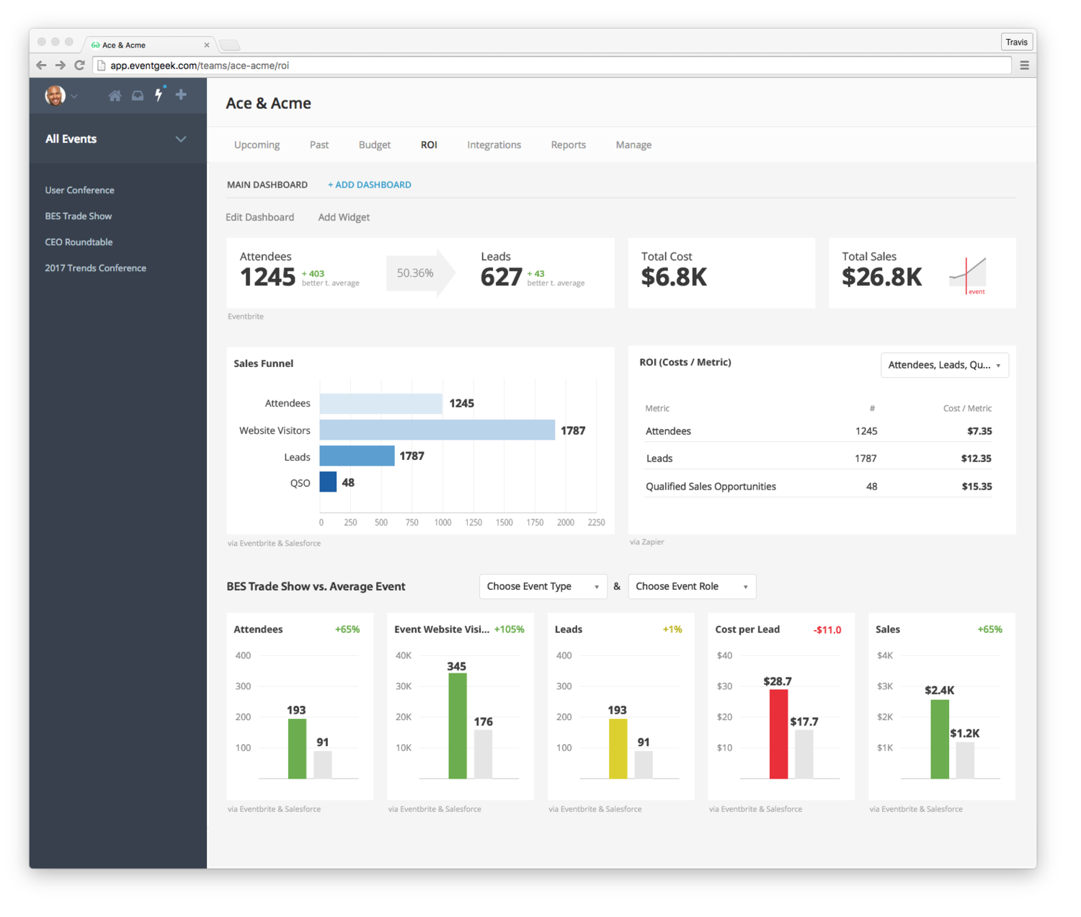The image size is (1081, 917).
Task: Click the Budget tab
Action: point(374,145)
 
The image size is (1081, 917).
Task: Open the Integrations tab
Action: point(494,145)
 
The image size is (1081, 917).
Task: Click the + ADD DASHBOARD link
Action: point(369,185)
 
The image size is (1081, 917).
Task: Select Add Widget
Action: point(344,217)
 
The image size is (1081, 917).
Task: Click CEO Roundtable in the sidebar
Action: point(79,242)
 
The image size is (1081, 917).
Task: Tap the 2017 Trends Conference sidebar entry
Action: point(95,268)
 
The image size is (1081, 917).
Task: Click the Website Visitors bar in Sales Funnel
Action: point(437,430)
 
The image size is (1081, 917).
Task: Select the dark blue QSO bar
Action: point(328,482)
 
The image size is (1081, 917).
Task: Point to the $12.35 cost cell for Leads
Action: point(976,458)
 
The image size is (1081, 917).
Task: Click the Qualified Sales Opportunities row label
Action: point(711,487)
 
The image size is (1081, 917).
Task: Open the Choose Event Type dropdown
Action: point(543,587)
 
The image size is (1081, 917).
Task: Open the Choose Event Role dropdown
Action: point(692,587)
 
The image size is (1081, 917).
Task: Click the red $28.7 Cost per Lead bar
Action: point(778,734)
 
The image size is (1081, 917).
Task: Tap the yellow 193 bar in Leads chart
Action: point(618,748)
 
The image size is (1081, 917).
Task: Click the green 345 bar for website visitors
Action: point(457,726)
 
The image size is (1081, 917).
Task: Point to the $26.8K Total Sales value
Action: point(881,277)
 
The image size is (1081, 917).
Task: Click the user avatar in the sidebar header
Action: point(55,95)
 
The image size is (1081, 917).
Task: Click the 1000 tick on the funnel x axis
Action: point(442,523)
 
